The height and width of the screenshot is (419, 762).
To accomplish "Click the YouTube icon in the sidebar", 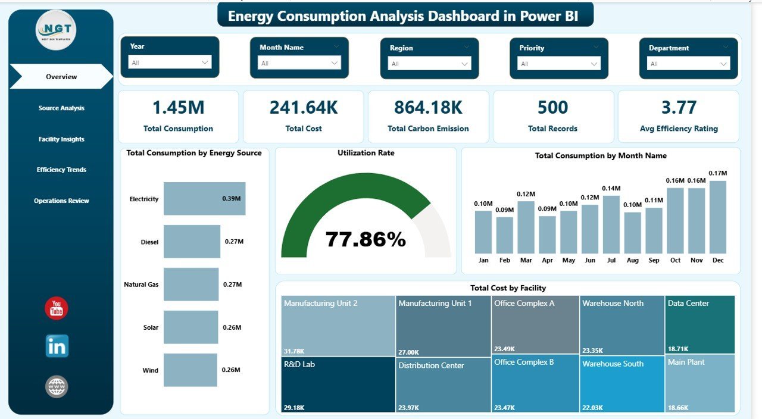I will (x=57, y=308).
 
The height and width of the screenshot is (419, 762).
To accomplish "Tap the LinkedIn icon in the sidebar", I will (x=57, y=346).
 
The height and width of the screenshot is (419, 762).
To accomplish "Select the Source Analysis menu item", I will (x=61, y=108).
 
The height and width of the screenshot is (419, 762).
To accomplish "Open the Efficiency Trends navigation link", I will (x=61, y=170).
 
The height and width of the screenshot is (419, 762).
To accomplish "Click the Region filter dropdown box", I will (x=429, y=64).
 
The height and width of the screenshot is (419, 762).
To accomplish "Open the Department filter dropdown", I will (x=689, y=64).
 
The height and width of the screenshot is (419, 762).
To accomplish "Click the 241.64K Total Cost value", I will (x=304, y=107).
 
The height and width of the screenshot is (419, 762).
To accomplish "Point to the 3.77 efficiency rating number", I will (x=679, y=107).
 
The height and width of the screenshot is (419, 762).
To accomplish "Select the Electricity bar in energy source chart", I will (x=204, y=199).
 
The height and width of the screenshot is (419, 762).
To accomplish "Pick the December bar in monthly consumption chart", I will (x=717, y=217).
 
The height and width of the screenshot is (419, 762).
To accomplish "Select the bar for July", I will (x=611, y=224).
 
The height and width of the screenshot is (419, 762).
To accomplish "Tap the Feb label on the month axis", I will (x=505, y=260).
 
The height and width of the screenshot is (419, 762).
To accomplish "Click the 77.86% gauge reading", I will (x=366, y=239).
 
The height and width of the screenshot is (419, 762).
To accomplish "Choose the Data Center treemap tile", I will (x=699, y=324).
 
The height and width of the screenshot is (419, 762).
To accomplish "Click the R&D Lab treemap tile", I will (x=338, y=384).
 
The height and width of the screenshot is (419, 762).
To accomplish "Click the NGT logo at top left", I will (x=56, y=30).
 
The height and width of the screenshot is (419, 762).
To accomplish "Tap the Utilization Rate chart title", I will (x=366, y=153).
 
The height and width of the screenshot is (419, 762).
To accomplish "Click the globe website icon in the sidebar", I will (x=57, y=387).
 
